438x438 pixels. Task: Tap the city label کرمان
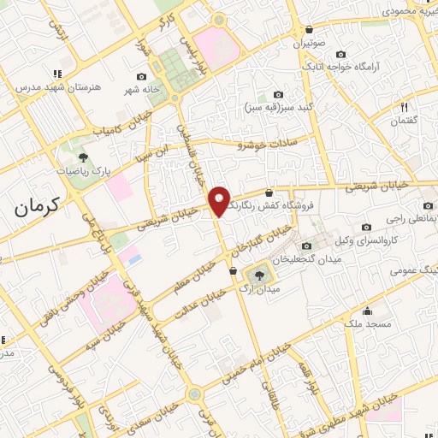40,205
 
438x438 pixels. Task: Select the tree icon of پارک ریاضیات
83,157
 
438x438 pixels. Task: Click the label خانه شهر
139,90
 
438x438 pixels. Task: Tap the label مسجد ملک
368,325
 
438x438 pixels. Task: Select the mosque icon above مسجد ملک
368,311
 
